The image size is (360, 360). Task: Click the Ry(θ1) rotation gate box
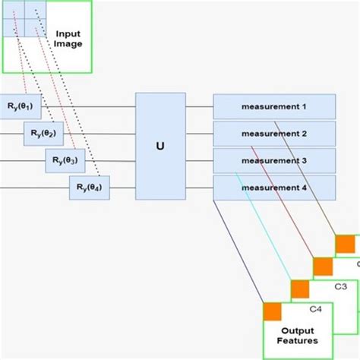[x=20, y=107]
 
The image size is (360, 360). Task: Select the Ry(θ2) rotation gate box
[x=43, y=134]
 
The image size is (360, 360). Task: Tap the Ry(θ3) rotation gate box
[x=66, y=160]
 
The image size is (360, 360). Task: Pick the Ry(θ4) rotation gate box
[x=90, y=187]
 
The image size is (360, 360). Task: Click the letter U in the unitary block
[x=159, y=147]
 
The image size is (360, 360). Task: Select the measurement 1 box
[x=274, y=107]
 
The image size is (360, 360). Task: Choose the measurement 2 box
[x=274, y=134]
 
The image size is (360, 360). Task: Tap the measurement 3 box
[x=274, y=160]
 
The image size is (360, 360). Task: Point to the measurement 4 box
[x=274, y=187]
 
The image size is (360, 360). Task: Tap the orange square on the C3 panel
[x=300, y=289]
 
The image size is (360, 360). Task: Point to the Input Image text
[x=68, y=39]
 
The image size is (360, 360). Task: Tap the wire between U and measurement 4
[x=199, y=187]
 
